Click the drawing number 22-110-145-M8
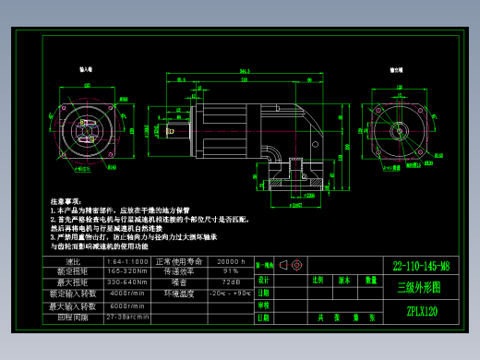420,266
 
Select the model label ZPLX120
421,311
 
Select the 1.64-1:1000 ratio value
127,261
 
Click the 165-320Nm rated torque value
127,271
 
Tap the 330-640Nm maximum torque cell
127,282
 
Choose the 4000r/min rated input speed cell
127,293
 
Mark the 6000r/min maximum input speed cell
127,306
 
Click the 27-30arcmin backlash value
127,317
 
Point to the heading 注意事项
66,200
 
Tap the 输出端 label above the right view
395,69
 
